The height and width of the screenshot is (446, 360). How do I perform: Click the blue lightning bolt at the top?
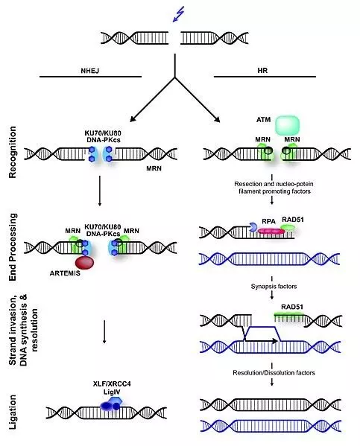coord(177,13)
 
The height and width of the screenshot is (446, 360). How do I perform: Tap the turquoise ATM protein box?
coord(288,124)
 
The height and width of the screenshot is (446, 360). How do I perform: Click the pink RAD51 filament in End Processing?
coord(271,232)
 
